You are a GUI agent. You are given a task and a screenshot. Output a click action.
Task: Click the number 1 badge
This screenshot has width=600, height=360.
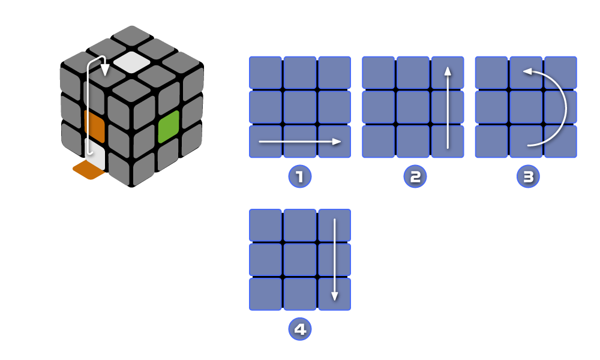click(x=300, y=176)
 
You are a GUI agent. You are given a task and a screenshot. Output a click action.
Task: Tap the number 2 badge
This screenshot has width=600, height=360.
click(x=415, y=176)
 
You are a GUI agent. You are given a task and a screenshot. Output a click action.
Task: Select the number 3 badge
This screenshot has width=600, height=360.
click(x=528, y=176)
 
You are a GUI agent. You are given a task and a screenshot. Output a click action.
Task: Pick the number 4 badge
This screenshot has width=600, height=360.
click(x=300, y=329)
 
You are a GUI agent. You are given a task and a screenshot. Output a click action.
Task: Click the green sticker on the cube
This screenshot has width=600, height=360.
click(x=169, y=127)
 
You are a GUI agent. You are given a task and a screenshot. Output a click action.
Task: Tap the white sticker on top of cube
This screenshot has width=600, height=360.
click(x=131, y=61)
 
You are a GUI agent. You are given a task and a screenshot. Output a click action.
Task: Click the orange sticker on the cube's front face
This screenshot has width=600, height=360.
click(x=95, y=127)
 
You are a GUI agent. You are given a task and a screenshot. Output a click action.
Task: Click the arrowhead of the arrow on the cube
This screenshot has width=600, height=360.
click(x=104, y=70)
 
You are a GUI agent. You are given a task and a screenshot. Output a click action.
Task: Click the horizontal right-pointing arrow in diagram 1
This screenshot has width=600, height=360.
click(x=300, y=142)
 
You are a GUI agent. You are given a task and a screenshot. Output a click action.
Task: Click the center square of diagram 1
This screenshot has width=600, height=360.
click(x=300, y=107)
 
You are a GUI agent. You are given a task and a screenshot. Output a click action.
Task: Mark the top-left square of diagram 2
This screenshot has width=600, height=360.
click(x=378, y=72)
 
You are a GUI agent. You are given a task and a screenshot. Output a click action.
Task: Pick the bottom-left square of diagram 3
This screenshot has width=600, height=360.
click(x=491, y=142)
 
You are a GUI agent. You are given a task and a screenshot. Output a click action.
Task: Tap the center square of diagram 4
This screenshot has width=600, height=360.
click(x=300, y=259)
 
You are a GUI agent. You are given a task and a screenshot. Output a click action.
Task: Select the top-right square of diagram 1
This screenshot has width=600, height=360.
click(x=334, y=72)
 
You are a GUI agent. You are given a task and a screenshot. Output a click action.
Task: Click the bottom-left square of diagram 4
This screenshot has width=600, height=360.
click(x=265, y=294)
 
